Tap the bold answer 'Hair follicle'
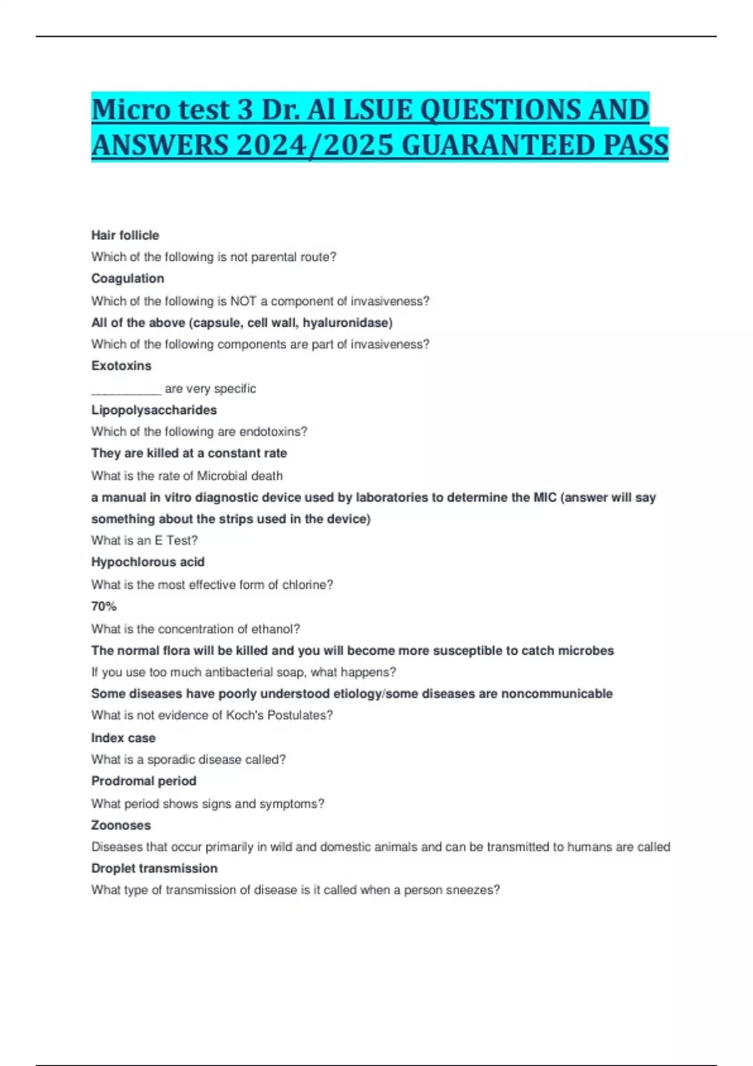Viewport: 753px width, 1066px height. pyautogui.click(x=125, y=235)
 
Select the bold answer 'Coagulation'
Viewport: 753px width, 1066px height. pyautogui.click(x=127, y=278)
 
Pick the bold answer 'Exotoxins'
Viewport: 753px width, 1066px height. pyautogui.click(x=121, y=366)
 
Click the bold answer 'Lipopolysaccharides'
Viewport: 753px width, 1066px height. pyautogui.click(x=154, y=410)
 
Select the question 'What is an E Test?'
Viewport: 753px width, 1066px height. pyautogui.click(x=144, y=541)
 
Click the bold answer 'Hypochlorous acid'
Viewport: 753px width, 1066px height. pyautogui.click(x=147, y=562)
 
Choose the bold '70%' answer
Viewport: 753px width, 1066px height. pyautogui.click(x=104, y=606)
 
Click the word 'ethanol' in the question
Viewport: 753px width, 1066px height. pyautogui.click(x=275, y=629)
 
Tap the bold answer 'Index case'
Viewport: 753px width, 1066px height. pyautogui.click(x=123, y=738)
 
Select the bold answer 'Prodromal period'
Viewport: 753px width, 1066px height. pyautogui.click(x=144, y=781)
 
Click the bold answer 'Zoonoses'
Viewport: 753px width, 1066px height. pyautogui.click(x=120, y=825)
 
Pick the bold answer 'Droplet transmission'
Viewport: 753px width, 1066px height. pyautogui.click(x=154, y=868)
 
